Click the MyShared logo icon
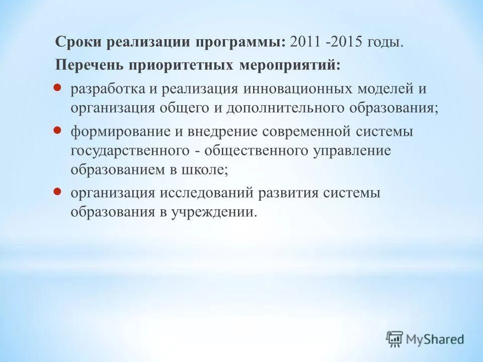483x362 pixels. pos(395,339)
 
